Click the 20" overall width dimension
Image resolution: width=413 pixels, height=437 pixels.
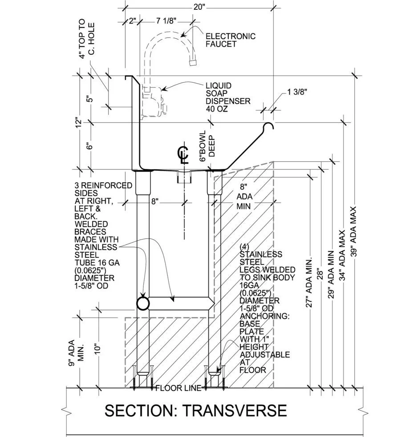(199, 7)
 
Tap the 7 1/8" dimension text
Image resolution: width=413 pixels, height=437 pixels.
(167, 20)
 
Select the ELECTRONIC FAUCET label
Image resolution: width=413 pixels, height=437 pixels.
(230, 40)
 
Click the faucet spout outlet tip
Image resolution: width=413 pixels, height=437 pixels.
(193, 62)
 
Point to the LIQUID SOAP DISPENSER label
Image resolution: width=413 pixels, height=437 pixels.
(227, 97)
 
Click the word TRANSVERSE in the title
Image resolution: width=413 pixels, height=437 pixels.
(236, 410)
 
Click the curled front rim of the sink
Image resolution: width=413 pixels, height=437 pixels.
(268, 127)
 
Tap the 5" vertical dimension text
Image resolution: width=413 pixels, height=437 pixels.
(90, 99)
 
